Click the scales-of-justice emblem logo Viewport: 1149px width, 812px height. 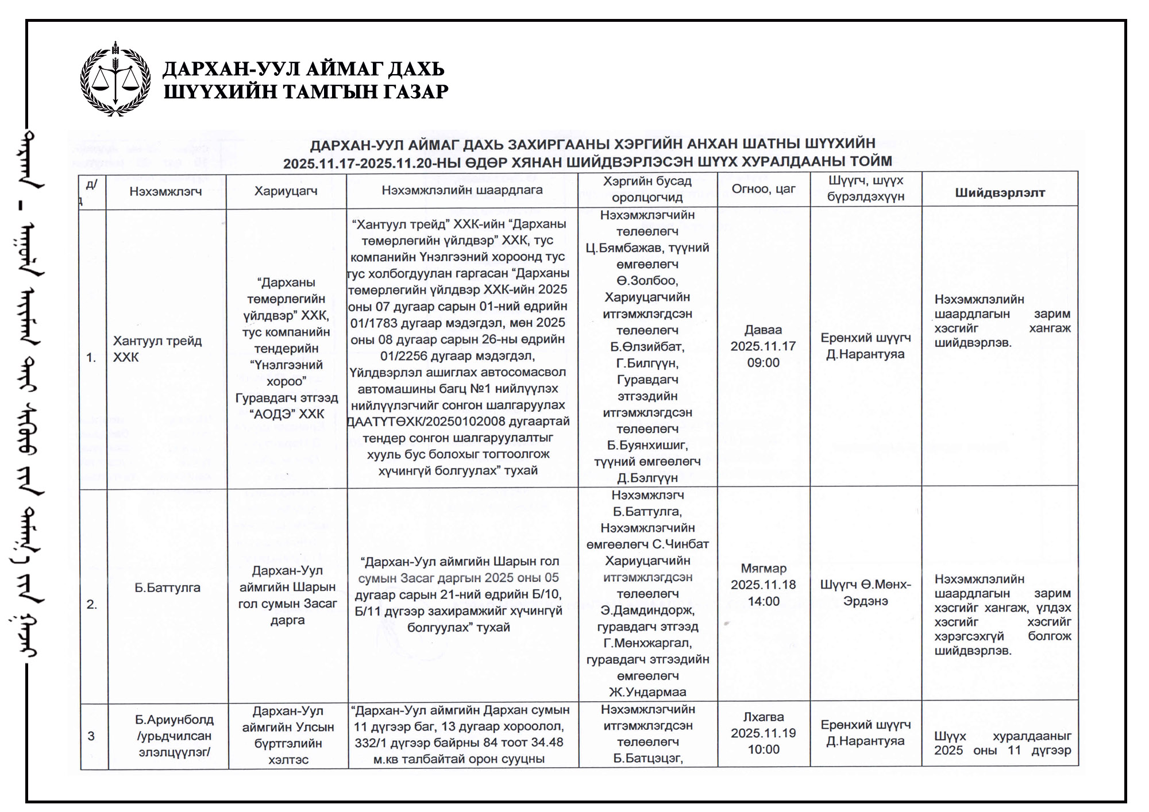(x=115, y=79)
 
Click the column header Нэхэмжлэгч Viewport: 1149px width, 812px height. (x=165, y=191)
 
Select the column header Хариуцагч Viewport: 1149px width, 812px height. (x=286, y=191)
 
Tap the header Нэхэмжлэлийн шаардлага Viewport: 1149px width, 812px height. (x=462, y=190)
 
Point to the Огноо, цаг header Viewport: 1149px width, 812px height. (x=764, y=189)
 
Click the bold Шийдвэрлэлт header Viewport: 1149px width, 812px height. (x=1000, y=193)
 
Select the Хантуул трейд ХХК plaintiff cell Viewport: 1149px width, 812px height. (x=157, y=349)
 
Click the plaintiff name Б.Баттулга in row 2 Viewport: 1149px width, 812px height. (x=167, y=587)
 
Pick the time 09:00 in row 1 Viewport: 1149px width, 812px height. (x=764, y=363)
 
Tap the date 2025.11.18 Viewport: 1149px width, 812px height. (x=764, y=585)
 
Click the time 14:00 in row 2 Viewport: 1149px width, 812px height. (x=764, y=601)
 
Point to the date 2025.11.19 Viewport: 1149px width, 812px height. (x=764, y=733)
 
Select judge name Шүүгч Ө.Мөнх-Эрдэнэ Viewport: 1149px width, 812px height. (x=865, y=593)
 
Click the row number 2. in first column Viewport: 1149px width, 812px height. (x=92, y=604)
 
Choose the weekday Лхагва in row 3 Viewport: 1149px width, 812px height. (x=764, y=717)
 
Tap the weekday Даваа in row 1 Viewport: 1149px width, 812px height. (x=764, y=330)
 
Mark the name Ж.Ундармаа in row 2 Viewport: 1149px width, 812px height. (x=647, y=692)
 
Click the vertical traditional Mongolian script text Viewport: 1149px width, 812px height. (x=30, y=402)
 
